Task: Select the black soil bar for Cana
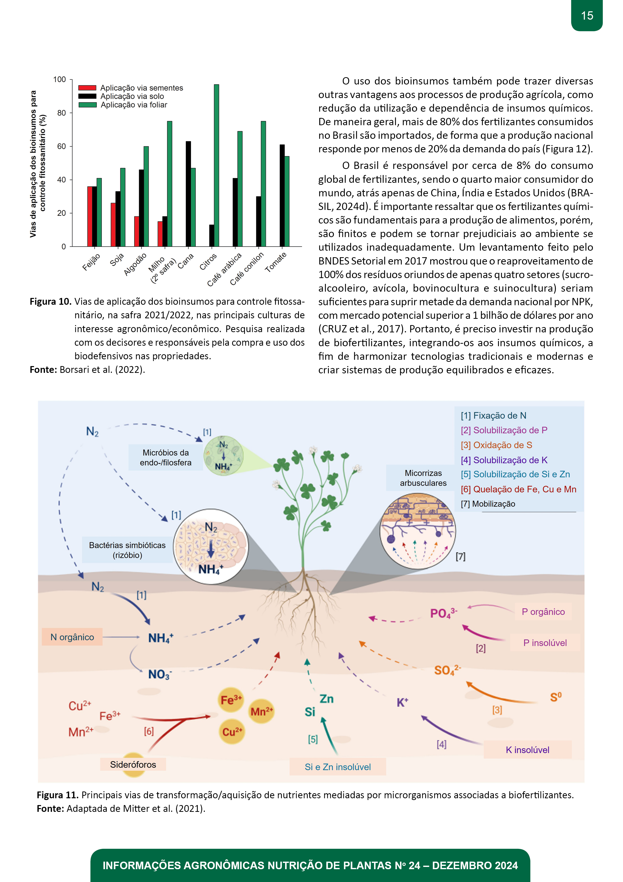point(188,194)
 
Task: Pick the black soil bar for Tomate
point(282,196)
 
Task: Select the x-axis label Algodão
point(135,264)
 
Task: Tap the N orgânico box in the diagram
point(72,637)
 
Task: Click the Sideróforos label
point(133,764)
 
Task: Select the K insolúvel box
point(528,749)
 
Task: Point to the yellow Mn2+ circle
point(262,712)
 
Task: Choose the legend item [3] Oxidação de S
point(496,445)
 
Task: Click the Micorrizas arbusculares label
point(423,478)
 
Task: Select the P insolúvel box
point(545,643)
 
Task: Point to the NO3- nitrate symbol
point(160,674)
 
